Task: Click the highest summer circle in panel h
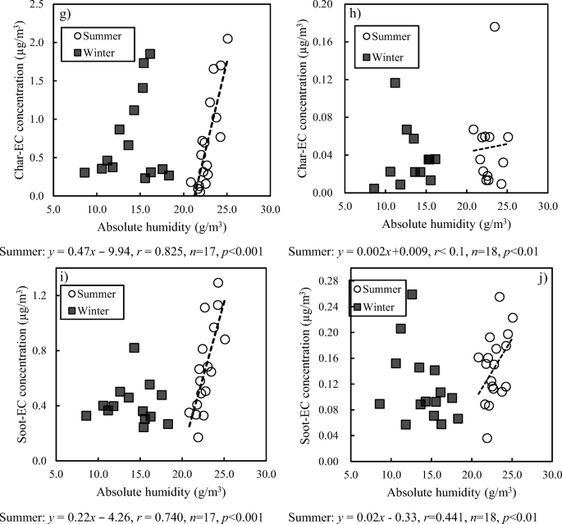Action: coord(494,27)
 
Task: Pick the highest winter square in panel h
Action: coord(395,83)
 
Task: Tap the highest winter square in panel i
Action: coord(134,348)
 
